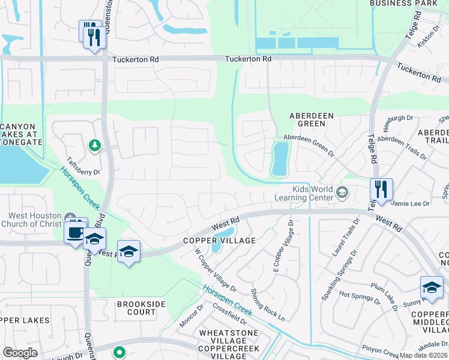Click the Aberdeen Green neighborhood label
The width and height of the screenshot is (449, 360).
(x=307, y=119)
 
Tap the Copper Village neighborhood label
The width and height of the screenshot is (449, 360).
(x=219, y=241)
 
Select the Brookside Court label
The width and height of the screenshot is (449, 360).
(x=141, y=308)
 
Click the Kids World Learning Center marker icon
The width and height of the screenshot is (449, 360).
(x=342, y=192)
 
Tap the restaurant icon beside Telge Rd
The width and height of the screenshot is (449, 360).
(x=381, y=190)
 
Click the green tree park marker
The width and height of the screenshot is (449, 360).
(x=94, y=145)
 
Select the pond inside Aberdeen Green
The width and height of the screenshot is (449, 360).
(x=279, y=159)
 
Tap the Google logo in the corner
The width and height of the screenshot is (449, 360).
(x=20, y=353)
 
